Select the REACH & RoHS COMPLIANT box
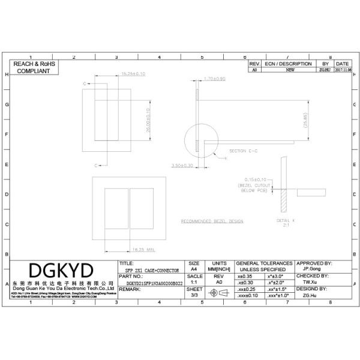click(x=34, y=67)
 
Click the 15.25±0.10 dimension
click(x=133, y=74)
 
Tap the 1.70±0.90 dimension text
click(x=214, y=79)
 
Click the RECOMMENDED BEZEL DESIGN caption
click(x=212, y=221)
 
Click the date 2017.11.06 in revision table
click(x=342, y=70)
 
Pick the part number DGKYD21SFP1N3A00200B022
click(x=152, y=283)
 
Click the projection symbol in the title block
click(x=218, y=293)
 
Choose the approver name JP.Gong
click(x=313, y=269)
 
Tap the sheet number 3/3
click(x=194, y=295)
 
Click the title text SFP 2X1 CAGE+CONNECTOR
click(x=153, y=271)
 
